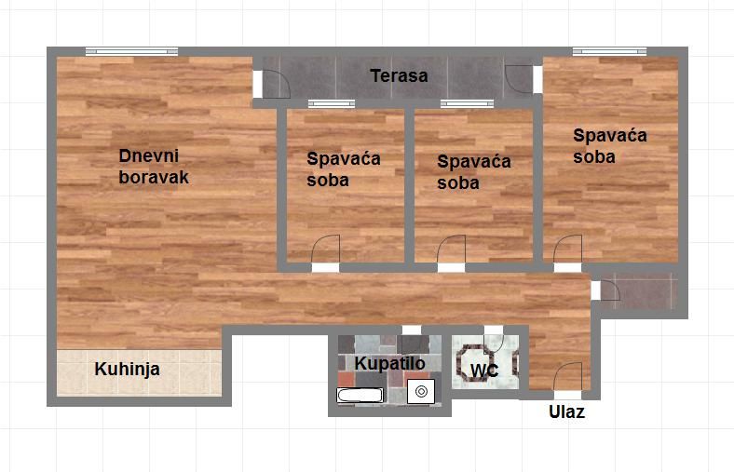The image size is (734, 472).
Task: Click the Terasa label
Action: tap(399, 76)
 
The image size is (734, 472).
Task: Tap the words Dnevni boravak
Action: tap(154, 167)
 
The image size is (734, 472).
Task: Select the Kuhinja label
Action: tap(128, 370)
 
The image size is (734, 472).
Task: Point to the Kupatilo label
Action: tap(389, 363)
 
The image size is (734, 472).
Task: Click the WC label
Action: tap(483, 371)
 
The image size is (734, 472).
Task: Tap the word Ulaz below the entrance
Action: tap(566, 412)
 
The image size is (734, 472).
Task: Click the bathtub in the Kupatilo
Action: tap(360, 397)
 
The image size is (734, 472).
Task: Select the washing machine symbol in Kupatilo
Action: tap(421, 392)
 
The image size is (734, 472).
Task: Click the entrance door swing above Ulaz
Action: tap(567, 376)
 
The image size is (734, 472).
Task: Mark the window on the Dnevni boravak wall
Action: tap(131, 52)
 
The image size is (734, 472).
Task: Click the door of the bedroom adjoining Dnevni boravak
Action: tap(326, 250)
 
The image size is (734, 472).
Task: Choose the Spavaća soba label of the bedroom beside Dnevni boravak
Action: tap(344, 169)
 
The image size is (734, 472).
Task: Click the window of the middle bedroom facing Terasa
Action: tap(467, 103)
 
